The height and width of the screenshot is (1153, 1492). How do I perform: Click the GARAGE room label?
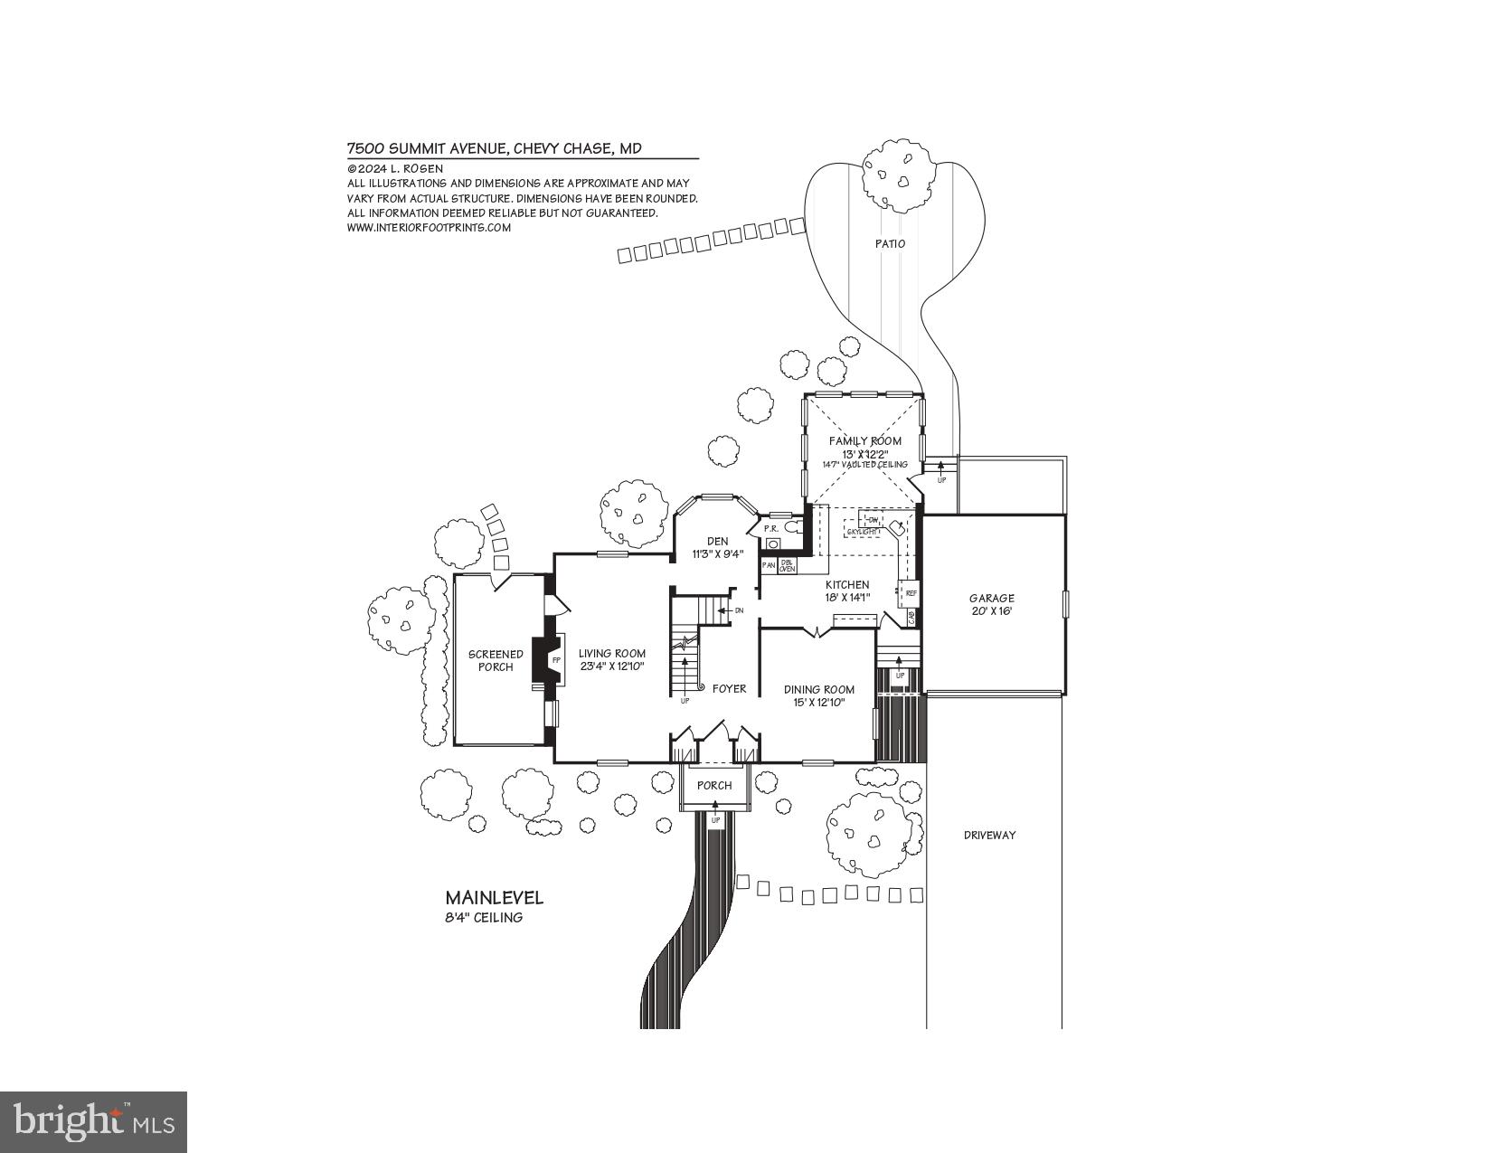coord(991,598)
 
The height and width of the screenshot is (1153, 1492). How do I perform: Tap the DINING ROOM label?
coord(818,689)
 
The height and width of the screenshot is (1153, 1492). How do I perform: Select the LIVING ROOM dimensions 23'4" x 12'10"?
coord(611,666)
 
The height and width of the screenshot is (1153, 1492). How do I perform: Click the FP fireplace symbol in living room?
coord(556,661)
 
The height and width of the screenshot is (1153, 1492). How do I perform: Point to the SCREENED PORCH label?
coord(496,660)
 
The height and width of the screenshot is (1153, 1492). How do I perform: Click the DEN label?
coord(718,541)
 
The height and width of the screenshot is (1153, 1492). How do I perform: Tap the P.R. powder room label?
coord(771,528)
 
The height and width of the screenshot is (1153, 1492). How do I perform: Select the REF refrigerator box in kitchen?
coord(911,593)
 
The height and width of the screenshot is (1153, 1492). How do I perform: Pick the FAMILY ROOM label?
coord(865,440)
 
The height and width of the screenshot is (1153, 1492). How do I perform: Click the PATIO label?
coord(890,243)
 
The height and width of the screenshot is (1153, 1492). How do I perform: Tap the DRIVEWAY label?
coord(989,835)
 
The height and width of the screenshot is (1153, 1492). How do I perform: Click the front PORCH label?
coord(714,785)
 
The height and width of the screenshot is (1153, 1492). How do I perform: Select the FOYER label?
coord(729,688)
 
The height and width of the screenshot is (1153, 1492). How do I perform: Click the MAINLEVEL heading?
coord(494,898)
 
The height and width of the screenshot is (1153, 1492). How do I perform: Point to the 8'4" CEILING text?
coord(484,918)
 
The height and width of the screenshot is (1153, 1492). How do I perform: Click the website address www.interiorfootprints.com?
coord(429,228)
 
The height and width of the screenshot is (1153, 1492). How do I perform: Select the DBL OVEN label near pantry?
coord(788,565)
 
